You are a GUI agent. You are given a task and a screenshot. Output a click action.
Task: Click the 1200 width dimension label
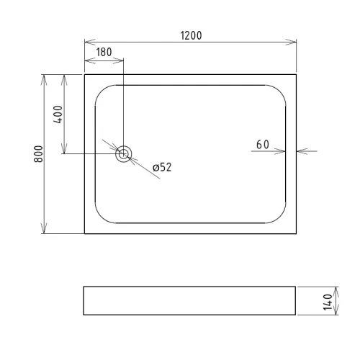pyautogui.click(x=191, y=35)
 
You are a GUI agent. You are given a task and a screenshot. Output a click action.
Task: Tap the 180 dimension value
pyautogui.click(x=104, y=52)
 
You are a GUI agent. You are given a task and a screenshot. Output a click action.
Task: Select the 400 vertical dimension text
pyautogui.click(x=58, y=114)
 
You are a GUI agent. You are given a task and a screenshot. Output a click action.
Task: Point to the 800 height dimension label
pyautogui.click(x=38, y=154)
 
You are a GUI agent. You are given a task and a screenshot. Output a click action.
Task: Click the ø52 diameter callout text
pyautogui.click(x=162, y=167)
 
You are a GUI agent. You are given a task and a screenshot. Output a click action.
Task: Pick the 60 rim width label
pyautogui.click(x=263, y=145)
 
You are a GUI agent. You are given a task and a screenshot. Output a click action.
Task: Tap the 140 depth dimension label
pyautogui.click(x=328, y=302)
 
